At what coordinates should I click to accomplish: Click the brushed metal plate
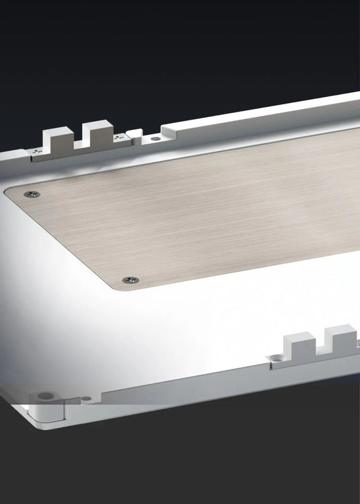pos(202,209)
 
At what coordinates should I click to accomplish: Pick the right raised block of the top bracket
pos(96,134)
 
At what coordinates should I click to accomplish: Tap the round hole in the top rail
pos(155,138)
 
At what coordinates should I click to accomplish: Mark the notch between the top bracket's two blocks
pos(75,143)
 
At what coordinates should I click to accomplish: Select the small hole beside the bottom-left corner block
pos(86,398)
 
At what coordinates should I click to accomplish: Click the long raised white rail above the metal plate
pos(269,114)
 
